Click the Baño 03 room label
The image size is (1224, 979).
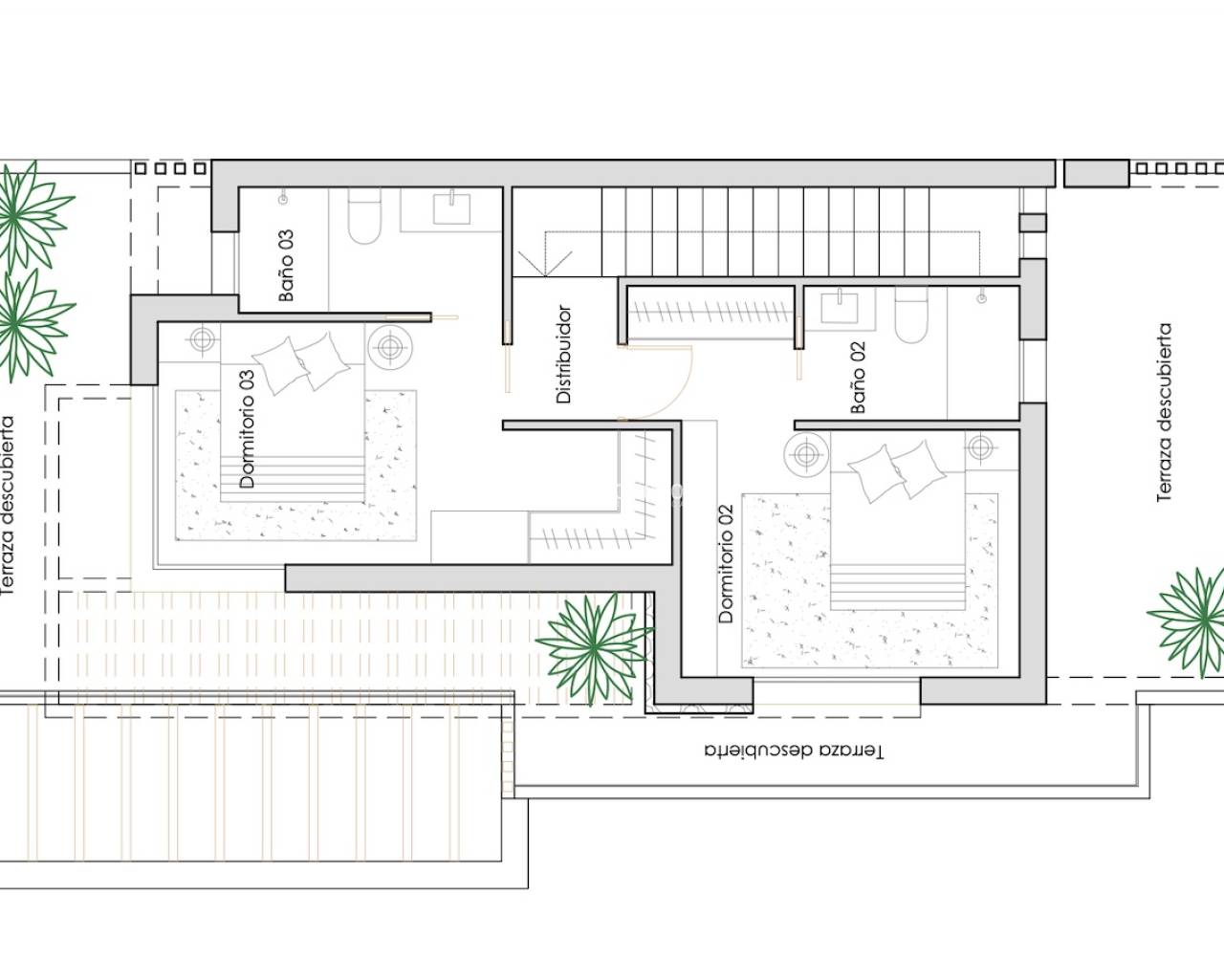tap(286, 265)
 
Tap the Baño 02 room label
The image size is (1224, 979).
tap(858, 377)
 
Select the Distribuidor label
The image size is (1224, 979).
tap(563, 355)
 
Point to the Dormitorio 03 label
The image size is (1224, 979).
tap(247, 429)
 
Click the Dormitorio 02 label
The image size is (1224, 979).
tap(726, 564)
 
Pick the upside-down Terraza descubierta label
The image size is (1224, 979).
tap(794, 751)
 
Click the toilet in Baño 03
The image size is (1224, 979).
tap(364, 216)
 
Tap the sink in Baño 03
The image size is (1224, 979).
tap(452, 208)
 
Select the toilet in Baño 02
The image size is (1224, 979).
tap(911, 315)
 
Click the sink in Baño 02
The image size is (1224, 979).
tap(840, 306)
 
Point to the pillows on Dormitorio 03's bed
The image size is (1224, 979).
tap(301, 363)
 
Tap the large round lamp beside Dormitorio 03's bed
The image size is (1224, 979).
tap(389, 346)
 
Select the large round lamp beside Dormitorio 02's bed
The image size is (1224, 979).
tap(806, 454)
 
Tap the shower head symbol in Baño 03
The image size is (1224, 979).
tap(283, 199)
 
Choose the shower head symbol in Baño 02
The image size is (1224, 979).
tap(981, 298)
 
